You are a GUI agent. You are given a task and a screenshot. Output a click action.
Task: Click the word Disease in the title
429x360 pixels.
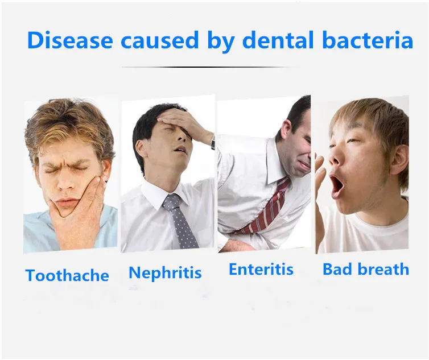pyautogui.click(x=70, y=40)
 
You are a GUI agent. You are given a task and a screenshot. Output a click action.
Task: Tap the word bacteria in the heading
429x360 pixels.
pyautogui.click(x=368, y=40)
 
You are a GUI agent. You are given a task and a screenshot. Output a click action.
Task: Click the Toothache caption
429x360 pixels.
pyautogui.click(x=67, y=275)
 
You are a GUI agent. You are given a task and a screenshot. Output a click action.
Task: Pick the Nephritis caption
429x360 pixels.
pyautogui.click(x=165, y=273)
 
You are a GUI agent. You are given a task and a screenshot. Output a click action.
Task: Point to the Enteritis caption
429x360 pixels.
pyautogui.click(x=261, y=269)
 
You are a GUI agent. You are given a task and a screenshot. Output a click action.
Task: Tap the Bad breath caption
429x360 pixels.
pyautogui.click(x=366, y=269)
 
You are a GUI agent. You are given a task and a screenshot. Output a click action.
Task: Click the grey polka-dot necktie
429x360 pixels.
pyautogui.click(x=180, y=221)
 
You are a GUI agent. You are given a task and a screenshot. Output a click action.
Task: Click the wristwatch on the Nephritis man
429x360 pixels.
pyautogui.click(x=212, y=143)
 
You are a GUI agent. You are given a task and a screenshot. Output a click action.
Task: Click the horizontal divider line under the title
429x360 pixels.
pyautogui.click(x=208, y=67)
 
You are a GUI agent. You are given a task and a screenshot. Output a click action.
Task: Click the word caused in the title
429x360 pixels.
pyautogui.click(x=159, y=40)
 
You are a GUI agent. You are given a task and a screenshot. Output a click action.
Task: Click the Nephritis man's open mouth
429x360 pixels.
pyautogui.click(x=179, y=149)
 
